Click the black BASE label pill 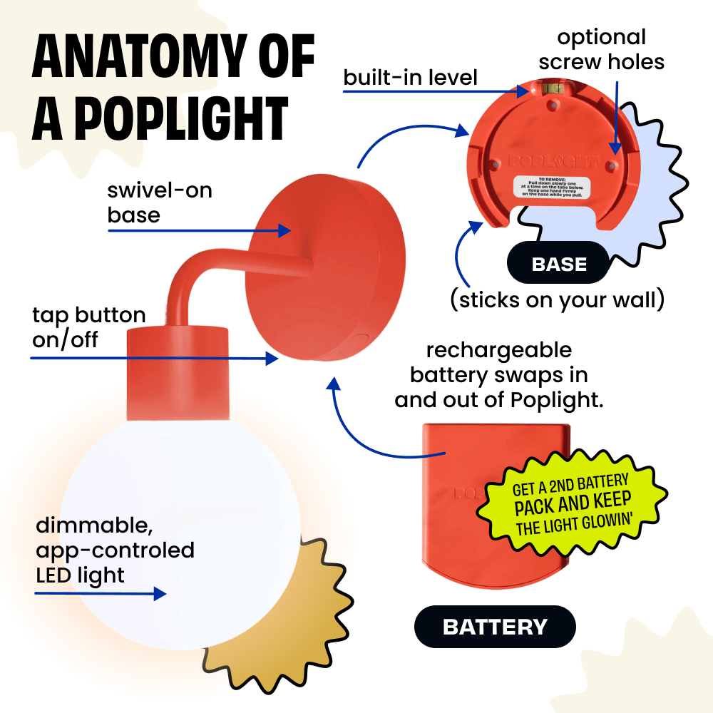click(x=559, y=265)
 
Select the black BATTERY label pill click(x=495, y=627)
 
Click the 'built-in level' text click(x=410, y=78)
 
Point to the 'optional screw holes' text click(x=601, y=49)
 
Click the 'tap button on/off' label click(x=88, y=327)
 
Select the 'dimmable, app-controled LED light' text click(x=115, y=550)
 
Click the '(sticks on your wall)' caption click(x=557, y=300)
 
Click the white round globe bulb click(x=178, y=528)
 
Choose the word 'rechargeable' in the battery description click(x=499, y=350)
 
